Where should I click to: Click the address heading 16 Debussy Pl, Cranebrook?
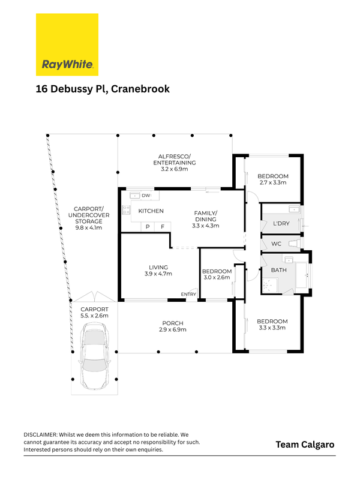coord(102,89)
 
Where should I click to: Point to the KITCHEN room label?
coord(151,211)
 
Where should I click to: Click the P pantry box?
coord(148,226)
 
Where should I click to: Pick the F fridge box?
coord(163,226)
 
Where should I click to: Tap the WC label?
coord(276,244)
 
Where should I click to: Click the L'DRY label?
coord(273,224)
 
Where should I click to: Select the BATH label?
coord(279,270)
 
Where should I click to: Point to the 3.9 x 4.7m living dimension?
coord(158,274)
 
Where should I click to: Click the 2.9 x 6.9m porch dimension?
coord(173,330)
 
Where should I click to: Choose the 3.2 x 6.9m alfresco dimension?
coord(174,170)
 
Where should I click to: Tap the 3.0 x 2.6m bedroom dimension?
coord(217,278)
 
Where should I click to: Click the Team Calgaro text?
coord(305,445)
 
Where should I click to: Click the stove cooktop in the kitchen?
coord(126,210)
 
